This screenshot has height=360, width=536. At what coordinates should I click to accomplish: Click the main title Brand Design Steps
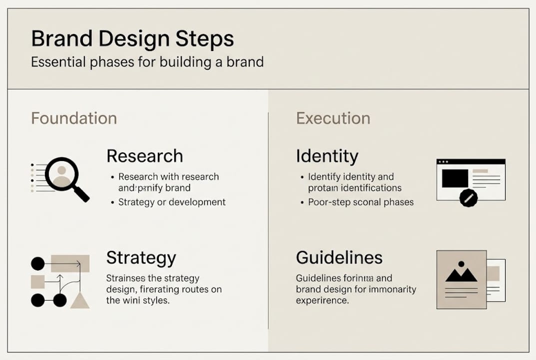point(132,39)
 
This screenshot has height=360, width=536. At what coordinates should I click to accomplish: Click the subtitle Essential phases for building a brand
point(147,62)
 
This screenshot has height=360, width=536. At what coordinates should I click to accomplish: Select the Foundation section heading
point(74,118)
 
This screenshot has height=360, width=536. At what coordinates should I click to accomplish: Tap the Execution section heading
point(333,118)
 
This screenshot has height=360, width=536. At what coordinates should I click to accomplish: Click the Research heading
point(144,156)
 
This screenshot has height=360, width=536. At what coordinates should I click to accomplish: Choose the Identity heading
point(327,156)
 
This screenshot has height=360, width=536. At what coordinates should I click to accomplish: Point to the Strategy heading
point(141,258)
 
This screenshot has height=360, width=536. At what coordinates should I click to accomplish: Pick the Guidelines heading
point(339,258)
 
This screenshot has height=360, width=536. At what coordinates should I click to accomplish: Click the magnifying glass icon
point(65,177)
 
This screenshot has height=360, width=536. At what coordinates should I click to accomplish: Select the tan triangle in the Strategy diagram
point(80,300)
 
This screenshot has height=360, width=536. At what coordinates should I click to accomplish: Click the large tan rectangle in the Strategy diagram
point(70,263)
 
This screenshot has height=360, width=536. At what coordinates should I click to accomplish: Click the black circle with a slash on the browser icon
point(468,198)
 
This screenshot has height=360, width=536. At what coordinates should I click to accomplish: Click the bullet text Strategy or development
point(172,202)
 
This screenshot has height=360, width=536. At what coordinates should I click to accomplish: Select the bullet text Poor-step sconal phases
point(361,202)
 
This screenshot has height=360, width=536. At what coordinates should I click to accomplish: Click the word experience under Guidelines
point(322,300)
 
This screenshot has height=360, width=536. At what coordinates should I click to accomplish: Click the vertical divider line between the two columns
point(268,220)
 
